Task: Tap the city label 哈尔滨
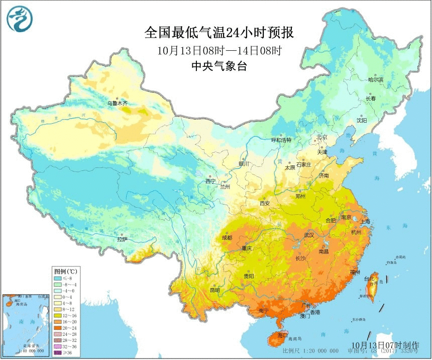pos(375,79)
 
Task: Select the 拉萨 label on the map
pos(123,240)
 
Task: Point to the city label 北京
pos(322,137)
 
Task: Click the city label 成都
pos(228,237)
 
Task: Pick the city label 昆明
pos(215,290)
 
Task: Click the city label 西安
pos(265,203)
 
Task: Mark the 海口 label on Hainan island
pos(282,335)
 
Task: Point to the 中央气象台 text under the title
pos(219,66)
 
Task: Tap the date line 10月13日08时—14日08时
pos(219,50)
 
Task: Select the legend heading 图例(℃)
pos(64,271)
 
